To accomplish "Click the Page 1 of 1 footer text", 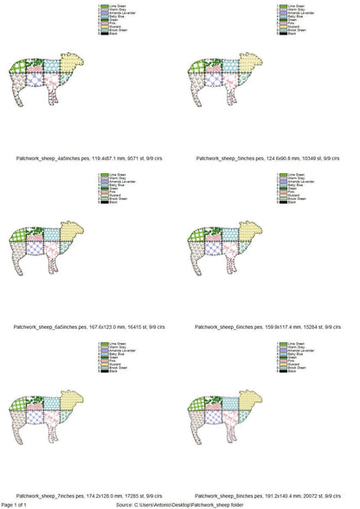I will [x=16, y=504].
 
